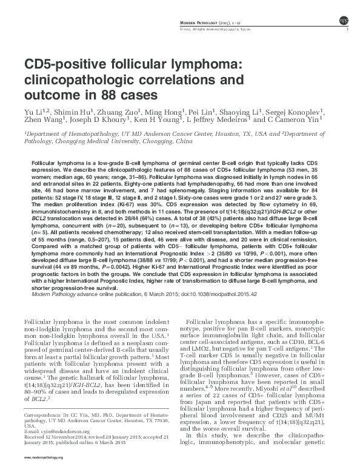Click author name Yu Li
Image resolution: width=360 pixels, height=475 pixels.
33,112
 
